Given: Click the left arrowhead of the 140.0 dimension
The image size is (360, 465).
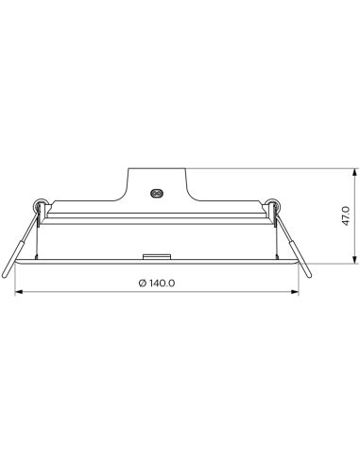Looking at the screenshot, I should click(18, 292).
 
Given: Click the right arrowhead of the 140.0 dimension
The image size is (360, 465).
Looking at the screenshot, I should click(295, 292).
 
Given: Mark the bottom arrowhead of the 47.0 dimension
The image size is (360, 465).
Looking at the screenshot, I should click(353, 262).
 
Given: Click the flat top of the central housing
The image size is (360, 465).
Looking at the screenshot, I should click(157, 169).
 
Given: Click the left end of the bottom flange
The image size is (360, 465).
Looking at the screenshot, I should click(17, 265).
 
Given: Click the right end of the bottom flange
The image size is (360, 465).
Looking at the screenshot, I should click(297, 265).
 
